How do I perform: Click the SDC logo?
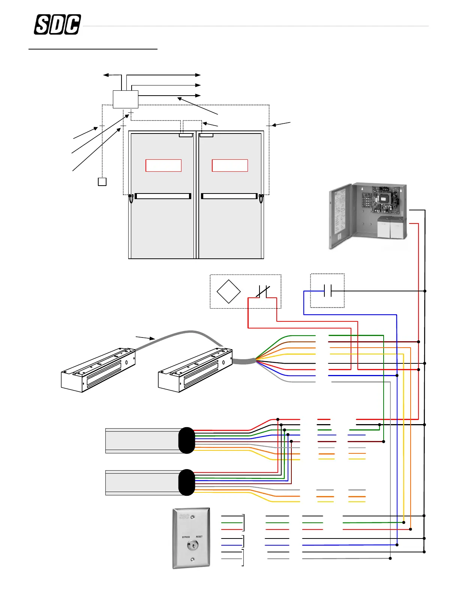57,25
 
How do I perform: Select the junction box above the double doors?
126,99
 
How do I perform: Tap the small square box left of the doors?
102,181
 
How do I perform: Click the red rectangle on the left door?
163,165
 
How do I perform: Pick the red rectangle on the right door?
230,165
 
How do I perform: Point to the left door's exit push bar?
163,196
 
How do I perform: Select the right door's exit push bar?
229,196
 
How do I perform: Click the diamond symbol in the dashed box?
228,291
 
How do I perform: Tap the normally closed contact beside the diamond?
263,291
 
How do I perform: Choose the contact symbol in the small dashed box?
327,291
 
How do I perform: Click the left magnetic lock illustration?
98,370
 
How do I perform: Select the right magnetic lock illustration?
195,370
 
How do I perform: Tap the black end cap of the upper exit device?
187,440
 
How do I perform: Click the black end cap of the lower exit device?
187,482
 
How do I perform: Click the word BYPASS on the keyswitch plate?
186,537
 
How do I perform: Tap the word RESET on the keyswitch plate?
199,537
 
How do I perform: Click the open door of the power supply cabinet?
340,216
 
